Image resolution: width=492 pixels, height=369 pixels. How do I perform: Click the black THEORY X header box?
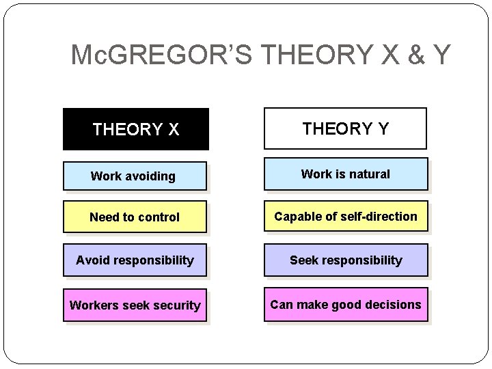(x=136, y=128)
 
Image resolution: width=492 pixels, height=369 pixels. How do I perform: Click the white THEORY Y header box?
(x=345, y=128)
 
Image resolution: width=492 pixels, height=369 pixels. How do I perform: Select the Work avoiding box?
(x=134, y=176)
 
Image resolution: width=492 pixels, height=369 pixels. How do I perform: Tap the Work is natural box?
(x=345, y=174)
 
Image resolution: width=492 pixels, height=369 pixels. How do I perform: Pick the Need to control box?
(x=135, y=217)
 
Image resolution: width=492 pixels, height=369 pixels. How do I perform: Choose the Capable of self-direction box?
(x=345, y=217)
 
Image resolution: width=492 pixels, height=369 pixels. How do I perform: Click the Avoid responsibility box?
(x=135, y=260)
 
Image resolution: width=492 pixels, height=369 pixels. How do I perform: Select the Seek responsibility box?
(x=345, y=260)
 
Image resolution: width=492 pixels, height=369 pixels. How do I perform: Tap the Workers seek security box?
(x=135, y=305)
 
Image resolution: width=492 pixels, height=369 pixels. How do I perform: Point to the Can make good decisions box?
(x=345, y=305)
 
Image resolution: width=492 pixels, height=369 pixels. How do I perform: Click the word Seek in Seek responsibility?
(x=302, y=260)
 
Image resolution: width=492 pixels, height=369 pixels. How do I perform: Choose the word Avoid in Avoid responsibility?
(x=91, y=260)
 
